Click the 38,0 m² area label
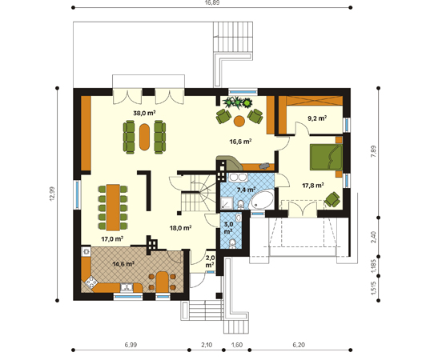144,113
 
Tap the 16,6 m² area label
240,142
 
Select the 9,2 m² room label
317,118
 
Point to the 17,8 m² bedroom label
313,186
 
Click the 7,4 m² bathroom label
247,190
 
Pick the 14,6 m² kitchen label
123,264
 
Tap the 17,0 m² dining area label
112,239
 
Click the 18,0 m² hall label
180,228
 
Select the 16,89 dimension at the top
212,2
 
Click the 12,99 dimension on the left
52,194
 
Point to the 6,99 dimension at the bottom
131,345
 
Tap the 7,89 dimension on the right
373,151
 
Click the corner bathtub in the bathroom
263,199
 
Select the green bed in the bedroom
326,157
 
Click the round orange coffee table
239,121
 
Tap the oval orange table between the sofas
144,137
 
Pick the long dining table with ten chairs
113,207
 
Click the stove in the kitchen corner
91,282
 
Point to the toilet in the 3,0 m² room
233,243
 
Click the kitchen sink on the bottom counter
127,287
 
